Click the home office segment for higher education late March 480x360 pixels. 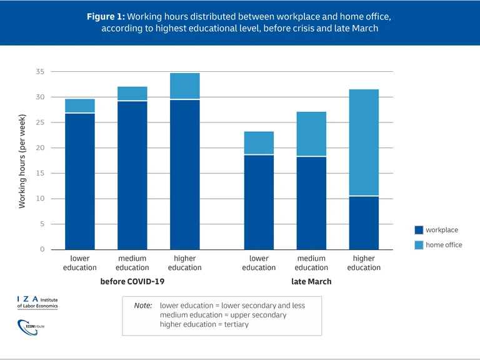point(364,142)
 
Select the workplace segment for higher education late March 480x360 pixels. point(364,222)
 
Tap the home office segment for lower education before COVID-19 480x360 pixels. point(80,106)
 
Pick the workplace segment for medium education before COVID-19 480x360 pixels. point(132,175)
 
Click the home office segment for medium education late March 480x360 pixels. point(311,134)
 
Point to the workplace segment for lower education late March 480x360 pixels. point(259,202)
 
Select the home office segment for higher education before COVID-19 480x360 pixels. point(184,86)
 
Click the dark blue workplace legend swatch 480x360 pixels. point(419,230)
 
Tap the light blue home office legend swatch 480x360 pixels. point(419,244)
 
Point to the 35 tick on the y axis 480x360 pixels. point(40,72)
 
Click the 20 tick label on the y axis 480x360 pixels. point(40,148)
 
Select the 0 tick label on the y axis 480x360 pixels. point(42,249)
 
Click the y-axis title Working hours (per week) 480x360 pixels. point(22,161)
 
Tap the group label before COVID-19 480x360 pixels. point(132,282)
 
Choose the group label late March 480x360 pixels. point(311,282)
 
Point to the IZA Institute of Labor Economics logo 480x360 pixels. point(37,302)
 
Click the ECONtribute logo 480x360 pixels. point(31,326)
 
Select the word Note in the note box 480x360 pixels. point(143,306)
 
